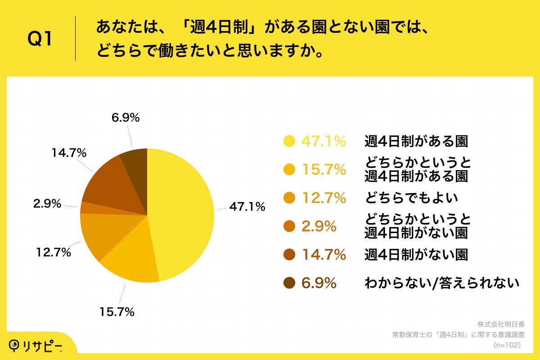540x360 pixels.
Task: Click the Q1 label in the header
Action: coord(40,39)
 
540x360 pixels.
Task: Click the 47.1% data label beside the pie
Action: coord(247,207)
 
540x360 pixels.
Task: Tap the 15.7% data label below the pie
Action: coord(116,311)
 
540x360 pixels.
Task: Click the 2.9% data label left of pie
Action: coord(47,203)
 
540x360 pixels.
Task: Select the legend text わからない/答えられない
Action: coord(441,283)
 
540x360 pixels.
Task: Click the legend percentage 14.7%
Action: coord(324,255)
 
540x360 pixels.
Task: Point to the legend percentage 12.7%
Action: coord(324,198)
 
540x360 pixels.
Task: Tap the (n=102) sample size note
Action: coord(507,345)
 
